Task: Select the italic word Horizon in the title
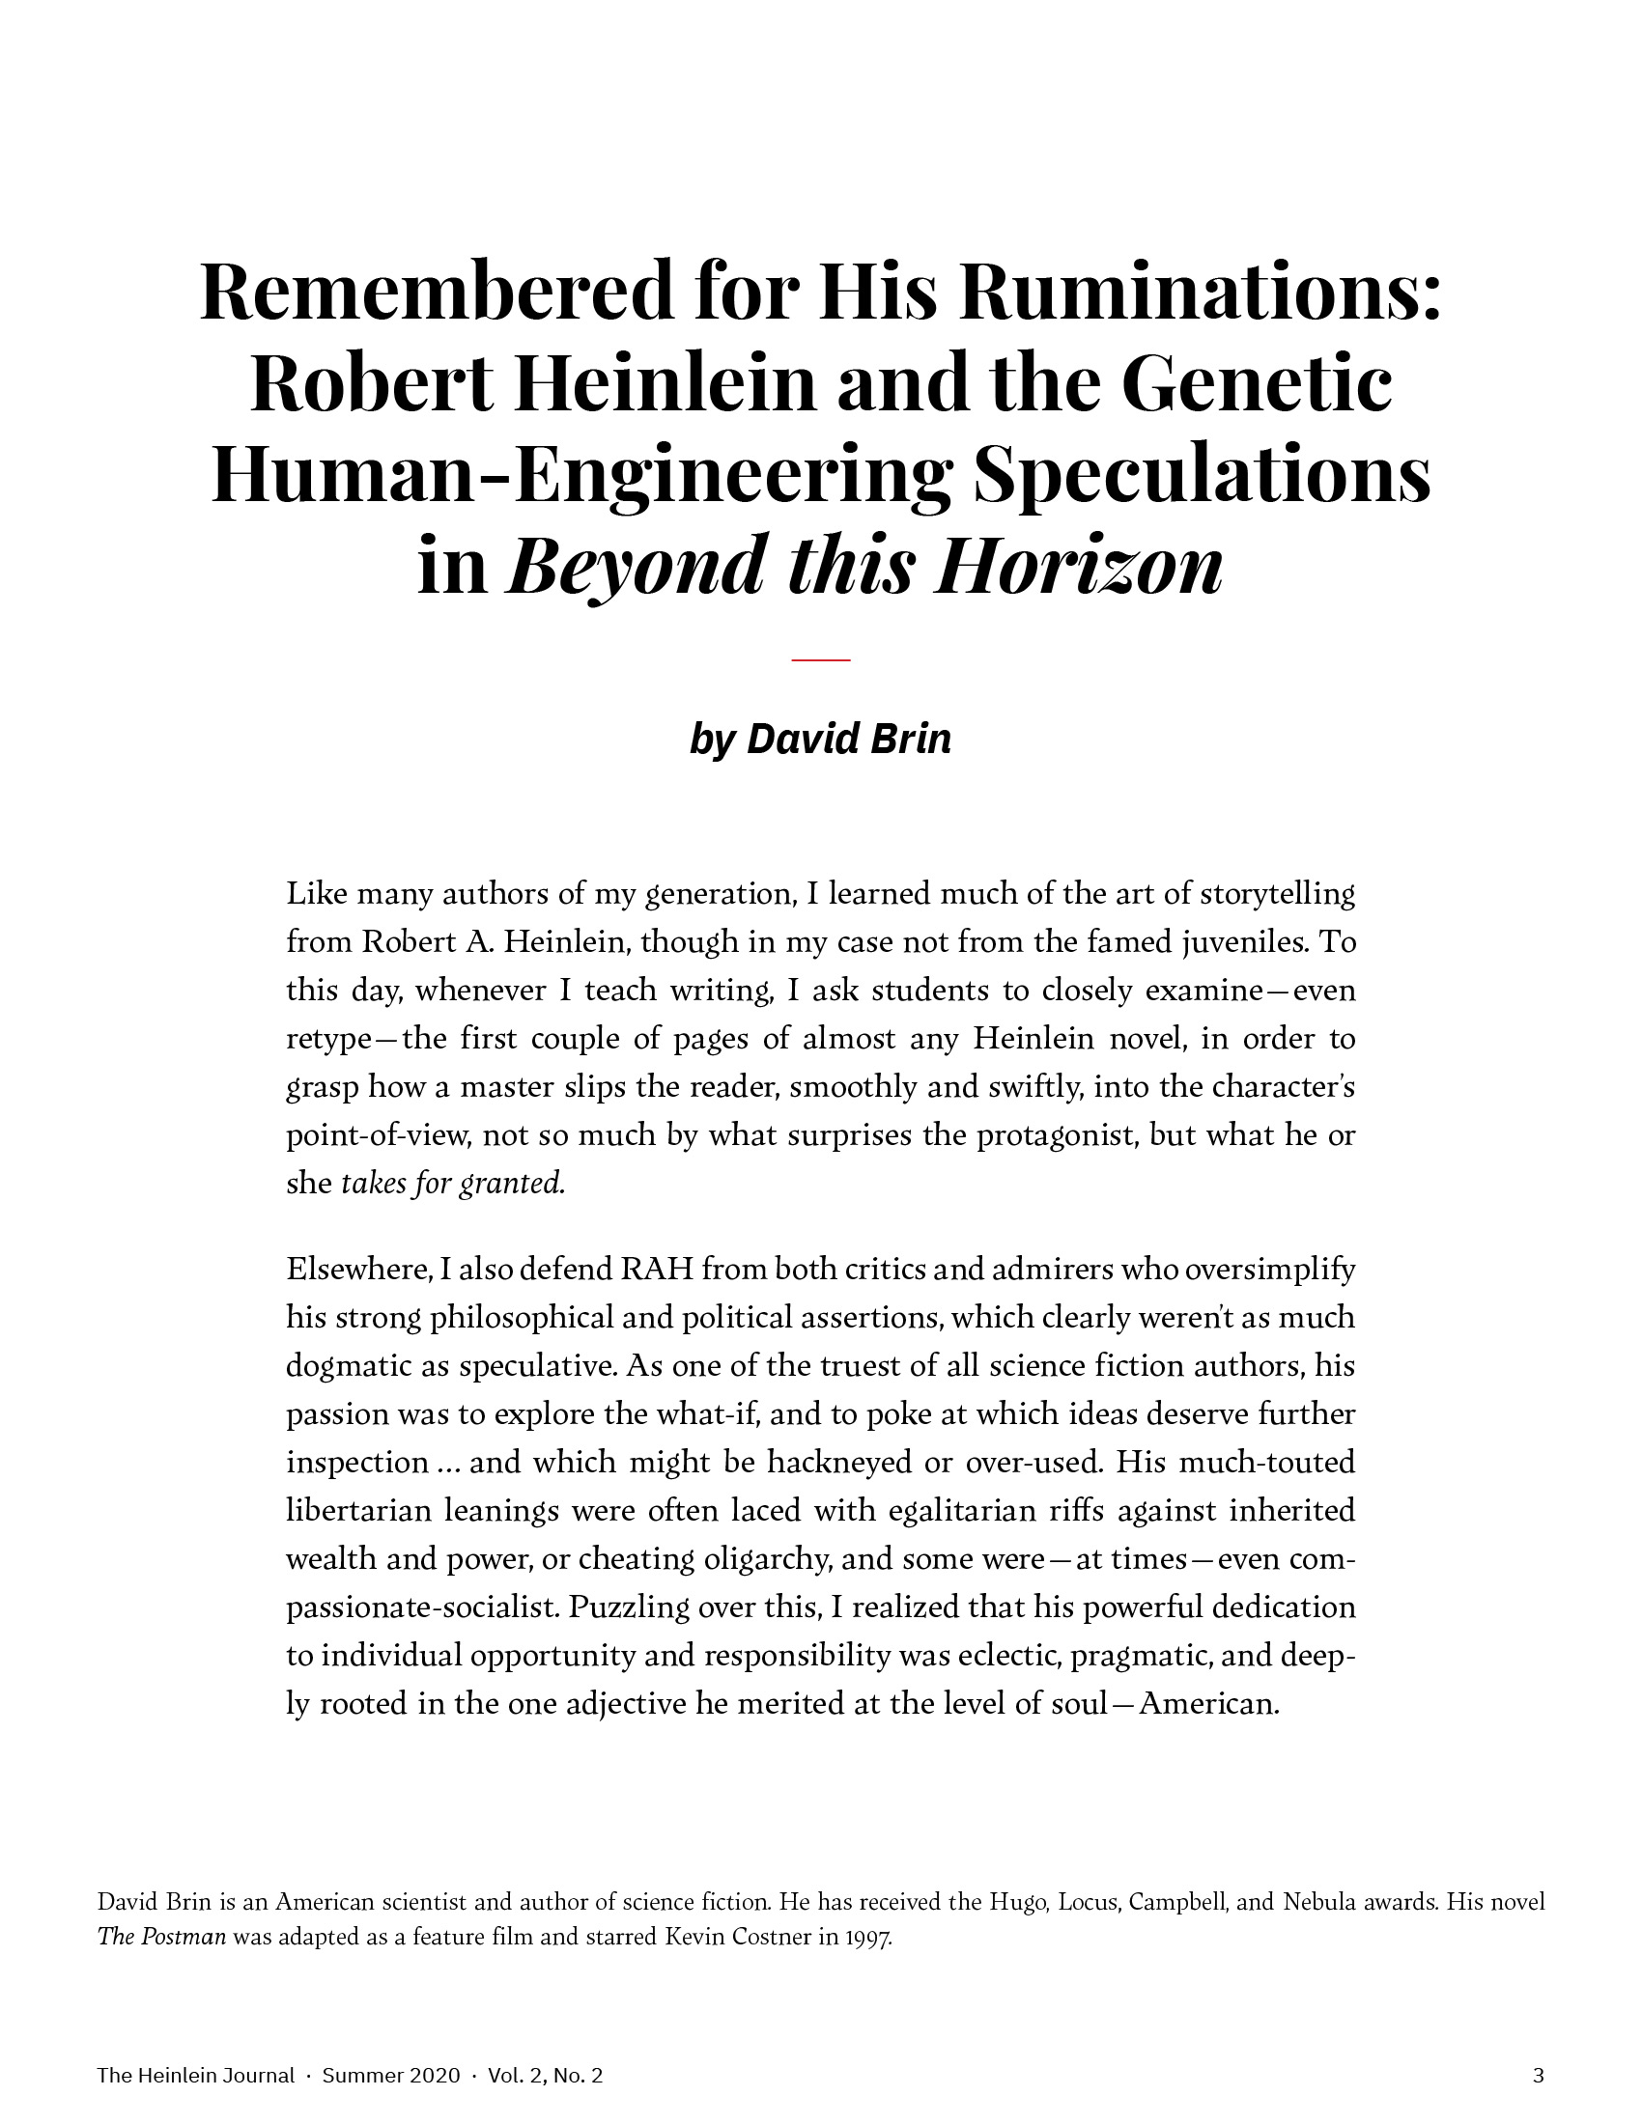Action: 1077,567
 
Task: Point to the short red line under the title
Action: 821,660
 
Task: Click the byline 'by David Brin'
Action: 820,740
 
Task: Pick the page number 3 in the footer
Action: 1538,2076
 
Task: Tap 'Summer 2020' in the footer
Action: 390,2076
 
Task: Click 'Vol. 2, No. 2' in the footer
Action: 545,2076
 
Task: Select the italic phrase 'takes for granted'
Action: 452,1184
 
